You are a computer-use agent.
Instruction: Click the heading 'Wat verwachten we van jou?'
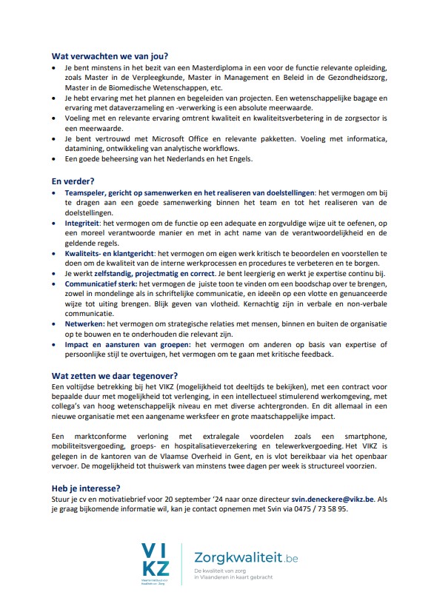tap(110, 56)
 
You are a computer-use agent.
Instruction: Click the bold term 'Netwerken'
tap(84, 323)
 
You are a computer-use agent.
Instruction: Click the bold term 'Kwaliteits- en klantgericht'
tap(110, 252)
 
